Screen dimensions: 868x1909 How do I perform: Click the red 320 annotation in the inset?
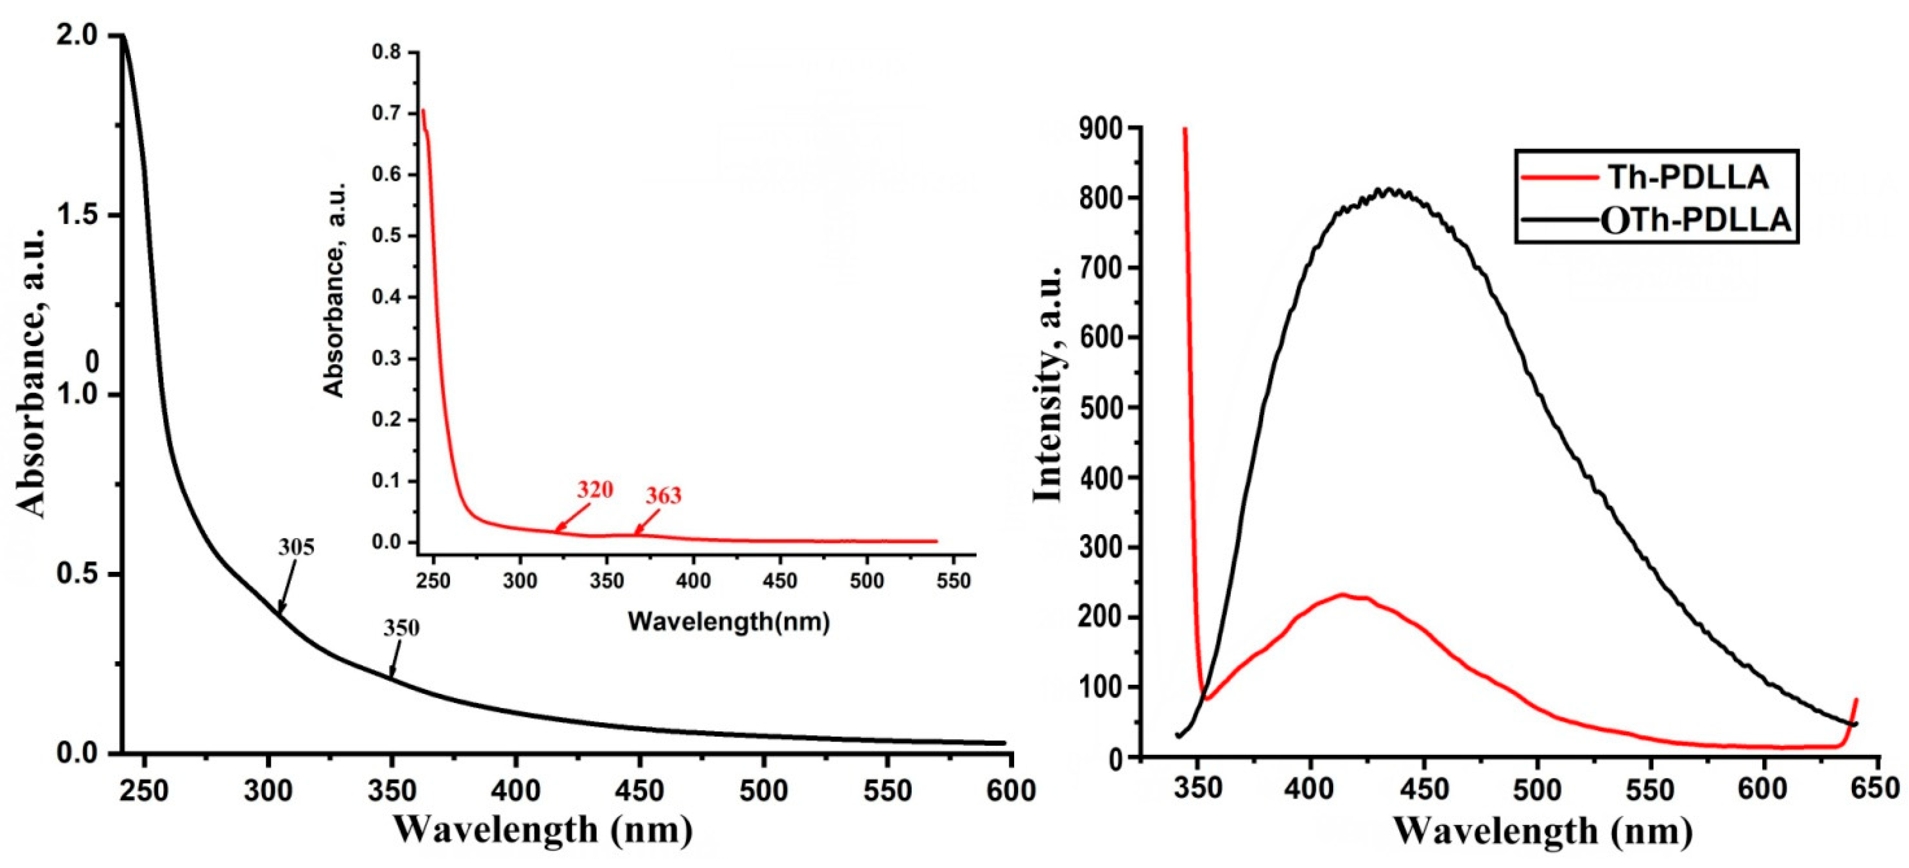pyautogui.click(x=595, y=490)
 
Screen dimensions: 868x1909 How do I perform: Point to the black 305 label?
pyautogui.click(x=297, y=548)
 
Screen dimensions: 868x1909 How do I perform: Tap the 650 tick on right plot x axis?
pyautogui.click(x=1875, y=788)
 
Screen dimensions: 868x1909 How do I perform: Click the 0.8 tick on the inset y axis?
pyautogui.click(x=386, y=53)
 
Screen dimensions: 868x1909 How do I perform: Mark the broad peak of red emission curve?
pyautogui.click(x=1343, y=595)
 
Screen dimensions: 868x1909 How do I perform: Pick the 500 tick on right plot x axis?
pyautogui.click(x=1536, y=788)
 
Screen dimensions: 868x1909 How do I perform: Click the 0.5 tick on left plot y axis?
pyautogui.click(x=78, y=575)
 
